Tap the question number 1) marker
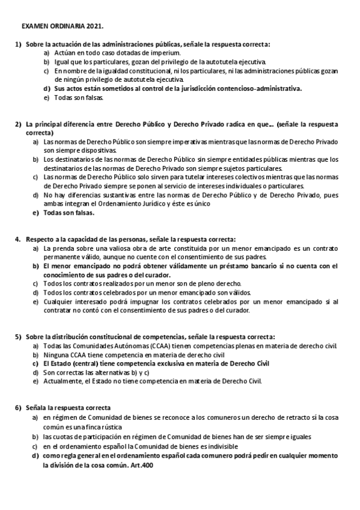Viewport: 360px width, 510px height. pos(18,45)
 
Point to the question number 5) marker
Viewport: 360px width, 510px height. pos(18,337)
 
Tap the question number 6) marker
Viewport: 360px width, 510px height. pos(18,408)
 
